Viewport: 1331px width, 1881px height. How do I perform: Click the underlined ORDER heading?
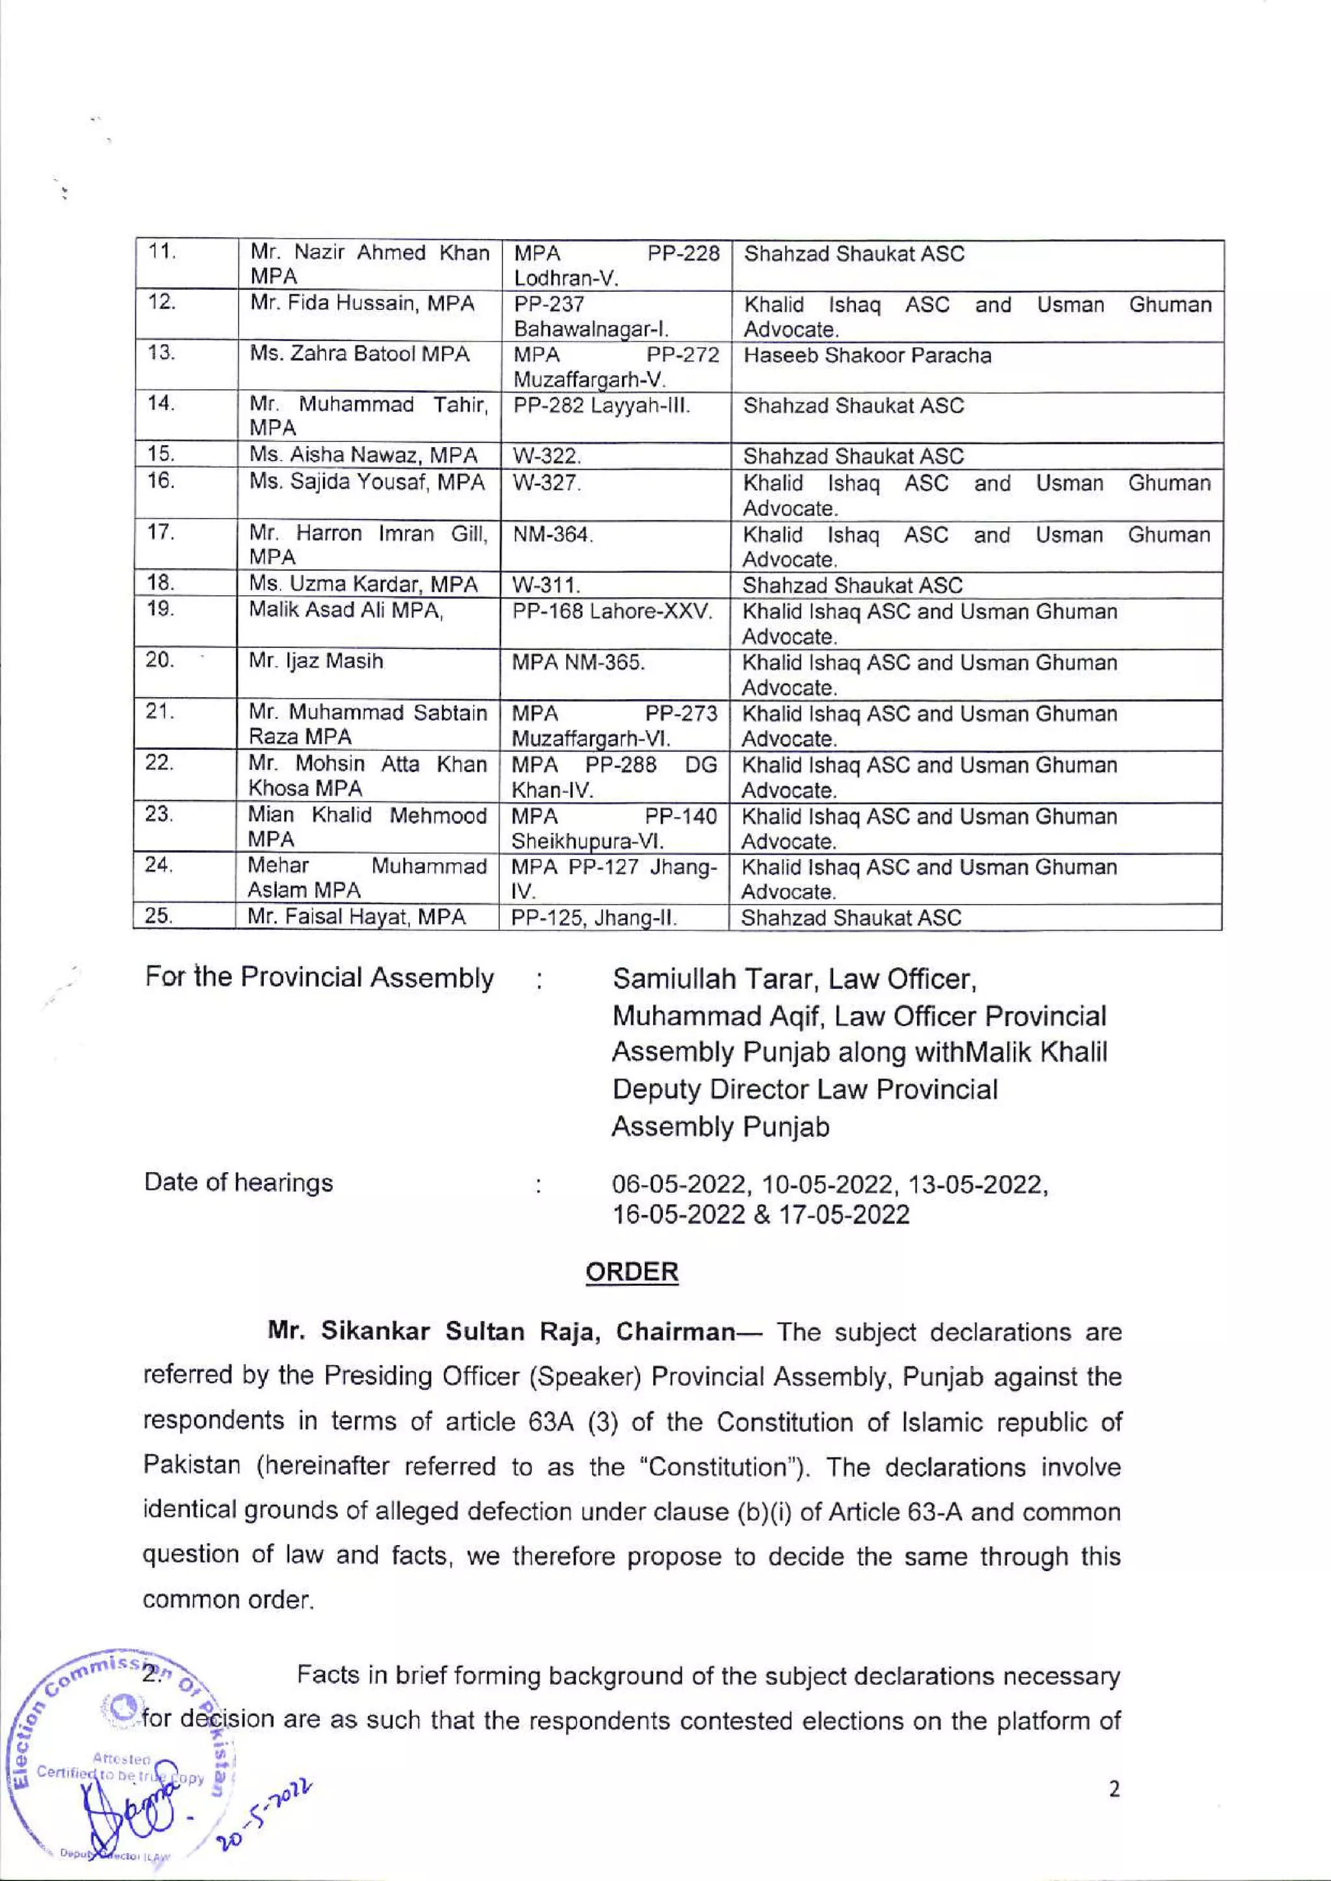pyautogui.click(x=631, y=1273)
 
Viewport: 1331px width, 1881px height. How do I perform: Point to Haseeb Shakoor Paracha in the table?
pyautogui.click(x=867, y=355)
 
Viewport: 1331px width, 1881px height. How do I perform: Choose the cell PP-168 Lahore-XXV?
pyautogui.click(x=612, y=611)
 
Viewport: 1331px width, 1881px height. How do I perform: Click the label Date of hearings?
pyautogui.click(x=239, y=1183)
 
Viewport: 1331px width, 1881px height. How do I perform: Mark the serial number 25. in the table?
pyautogui.click(x=158, y=917)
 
